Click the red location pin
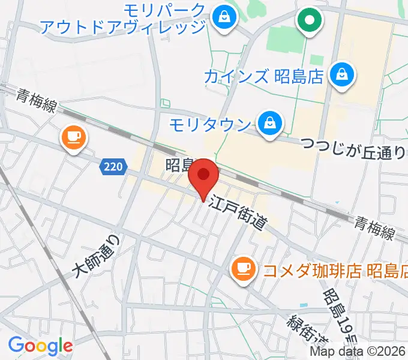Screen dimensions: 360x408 coord(204,176)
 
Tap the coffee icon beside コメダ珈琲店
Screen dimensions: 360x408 coord(242,266)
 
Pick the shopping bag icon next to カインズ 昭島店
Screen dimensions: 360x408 coord(342,76)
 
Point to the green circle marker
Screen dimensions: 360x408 coord(310,21)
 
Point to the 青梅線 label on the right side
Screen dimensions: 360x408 coord(373,227)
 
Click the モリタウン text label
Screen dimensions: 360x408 coord(209,125)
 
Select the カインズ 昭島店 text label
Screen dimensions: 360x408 coord(264,77)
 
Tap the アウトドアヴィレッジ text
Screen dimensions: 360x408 coord(122,26)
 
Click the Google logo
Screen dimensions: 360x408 coord(40,346)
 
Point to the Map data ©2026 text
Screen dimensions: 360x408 coord(358,352)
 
